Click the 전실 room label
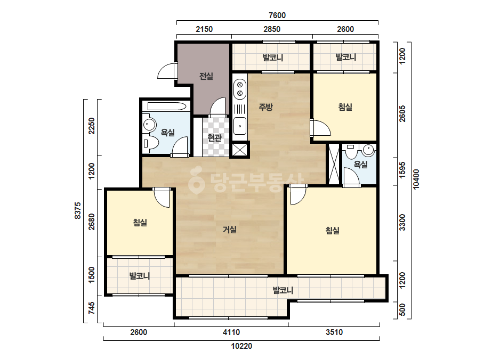pos(206,76)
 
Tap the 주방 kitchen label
pos(265,107)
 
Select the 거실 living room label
pos(229,230)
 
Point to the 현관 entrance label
pos(215,138)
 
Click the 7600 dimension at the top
pos(277,15)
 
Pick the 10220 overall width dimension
pos(241,346)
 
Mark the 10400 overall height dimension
pos(416,179)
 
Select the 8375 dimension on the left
pos(77,211)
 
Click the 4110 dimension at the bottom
pos(231,332)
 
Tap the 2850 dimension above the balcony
pos(272,29)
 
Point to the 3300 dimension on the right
pos(402,222)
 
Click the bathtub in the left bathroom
pos(167,107)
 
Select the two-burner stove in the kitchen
pos(240,88)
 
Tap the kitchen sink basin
pos(240,126)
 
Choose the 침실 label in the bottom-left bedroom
pos(140,223)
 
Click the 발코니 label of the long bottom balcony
pos(283,290)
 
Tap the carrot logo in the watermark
pos(196,181)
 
